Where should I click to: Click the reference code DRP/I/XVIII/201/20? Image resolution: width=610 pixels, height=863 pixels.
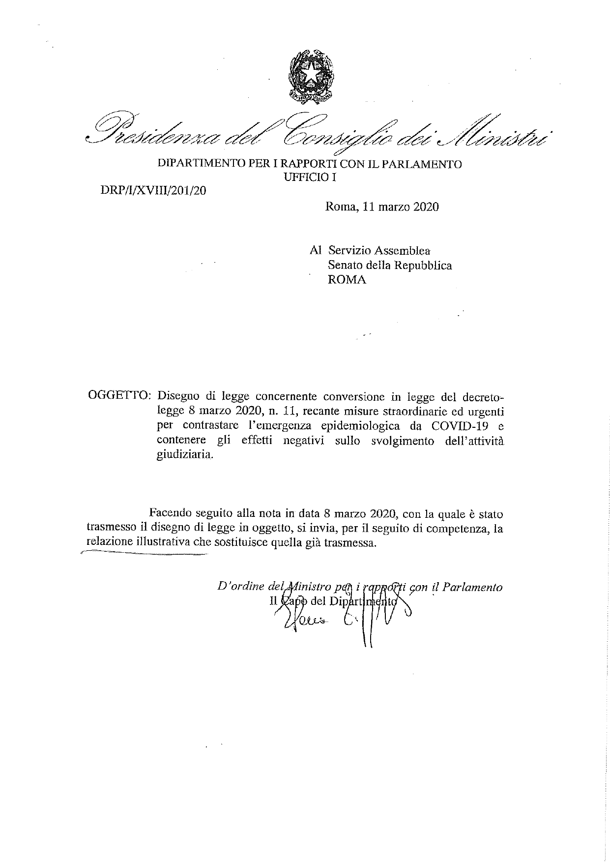click(153, 190)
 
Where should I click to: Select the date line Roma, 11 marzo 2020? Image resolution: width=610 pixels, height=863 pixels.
click(382, 207)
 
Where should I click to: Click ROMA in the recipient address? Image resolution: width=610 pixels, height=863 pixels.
click(347, 280)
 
